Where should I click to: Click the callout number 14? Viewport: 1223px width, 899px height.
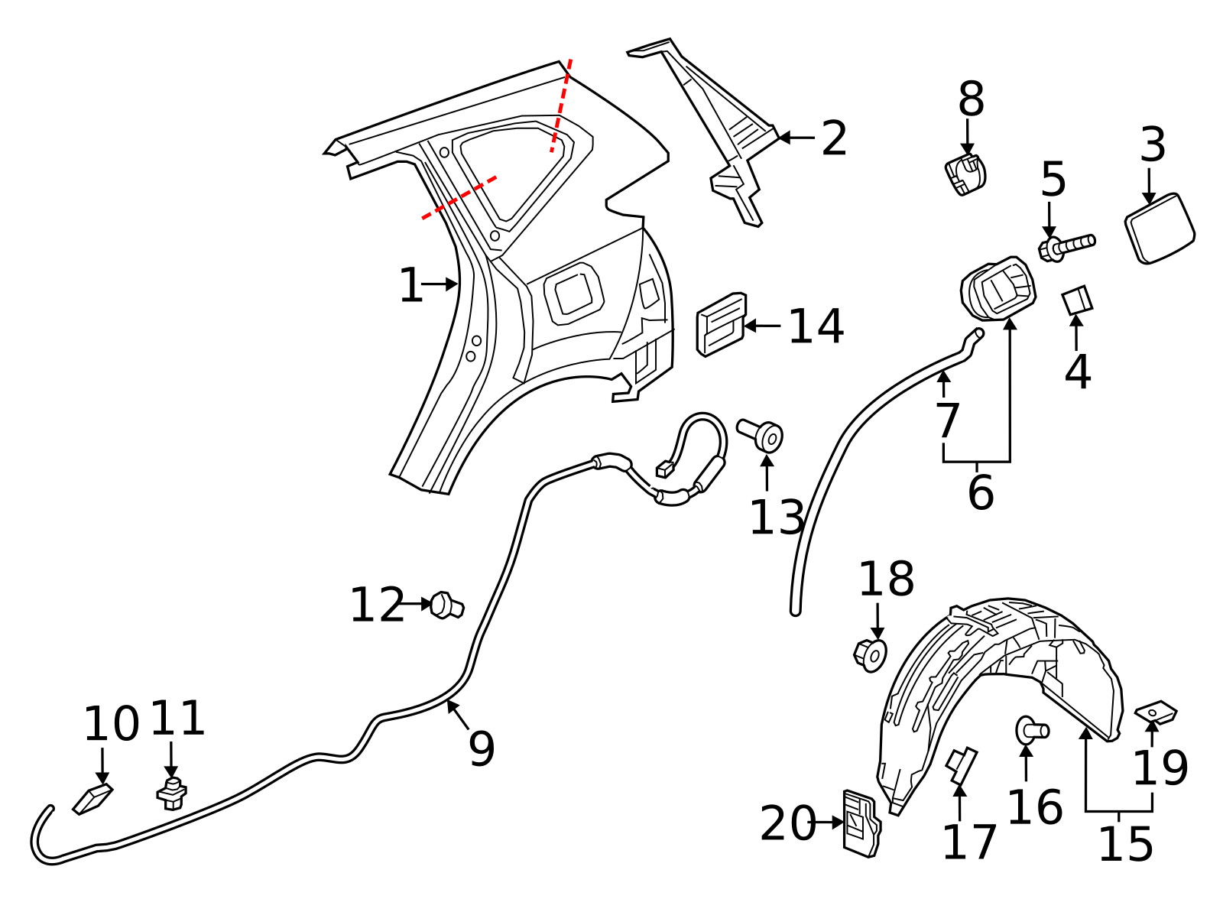click(816, 326)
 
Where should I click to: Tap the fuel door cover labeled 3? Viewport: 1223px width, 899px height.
click(1160, 229)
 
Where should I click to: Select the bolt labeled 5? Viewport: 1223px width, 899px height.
click(1067, 246)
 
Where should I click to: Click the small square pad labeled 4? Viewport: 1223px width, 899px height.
click(1077, 300)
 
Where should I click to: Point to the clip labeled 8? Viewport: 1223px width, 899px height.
click(965, 174)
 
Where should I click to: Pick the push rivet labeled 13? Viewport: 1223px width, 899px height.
click(761, 435)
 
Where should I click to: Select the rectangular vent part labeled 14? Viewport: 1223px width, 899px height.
click(721, 324)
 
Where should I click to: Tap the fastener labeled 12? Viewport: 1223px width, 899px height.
click(446, 605)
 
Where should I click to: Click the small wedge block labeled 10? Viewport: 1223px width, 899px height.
click(92, 798)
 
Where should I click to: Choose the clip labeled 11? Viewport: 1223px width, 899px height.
click(172, 794)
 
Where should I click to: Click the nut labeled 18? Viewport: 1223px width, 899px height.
click(870, 654)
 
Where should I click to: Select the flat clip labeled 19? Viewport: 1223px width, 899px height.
click(1156, 713)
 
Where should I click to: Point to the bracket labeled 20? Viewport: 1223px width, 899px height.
click(861, 823)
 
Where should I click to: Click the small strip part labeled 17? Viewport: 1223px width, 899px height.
click(961, 764)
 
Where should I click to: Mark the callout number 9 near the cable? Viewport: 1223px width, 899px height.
click(482, 748)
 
